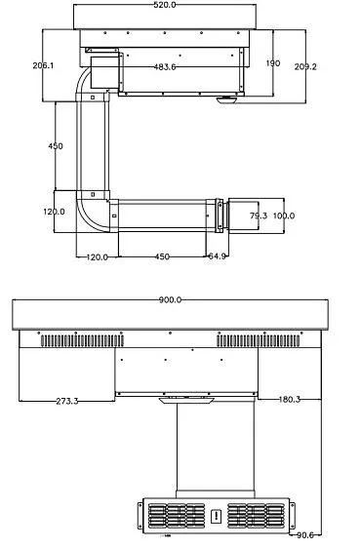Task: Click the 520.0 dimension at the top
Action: pyautogui.click(x=165, y=5)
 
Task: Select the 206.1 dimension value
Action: pyautogui.click(x=44, y=65)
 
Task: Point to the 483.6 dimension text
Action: pyautogui.click(x=165, y=67)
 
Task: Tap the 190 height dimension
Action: pyautogui.click(x=273, y=63)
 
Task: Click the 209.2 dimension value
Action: pyautogui.click(x=305, y=66)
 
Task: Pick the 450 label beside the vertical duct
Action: pyautogui.click(x=56, y=145)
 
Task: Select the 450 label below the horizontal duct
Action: pyautogui.click(x=162, y=256)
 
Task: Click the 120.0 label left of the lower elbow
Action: pyautogui.click(x=54, y=212)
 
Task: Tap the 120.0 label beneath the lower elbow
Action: pyautogui.click(x=97, y=257)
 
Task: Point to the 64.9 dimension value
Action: pyautogui.click(x=217, y=255)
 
